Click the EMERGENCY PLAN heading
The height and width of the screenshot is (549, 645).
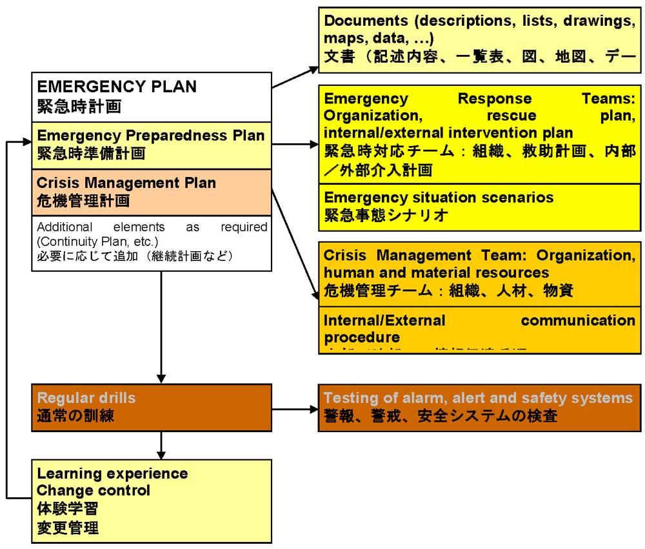tap(117, 87)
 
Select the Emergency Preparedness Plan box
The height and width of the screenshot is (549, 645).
tap(152, 144)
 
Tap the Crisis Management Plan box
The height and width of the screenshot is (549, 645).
tap(152, 192)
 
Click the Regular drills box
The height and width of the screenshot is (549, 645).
tap(152, 408)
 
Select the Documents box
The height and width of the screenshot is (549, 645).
tap(481, 38)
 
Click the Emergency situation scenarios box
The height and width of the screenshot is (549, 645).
tap(481, 207)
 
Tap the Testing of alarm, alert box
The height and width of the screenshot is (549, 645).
tap(481, 408)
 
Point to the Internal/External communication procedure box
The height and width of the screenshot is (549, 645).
tap(481, 329)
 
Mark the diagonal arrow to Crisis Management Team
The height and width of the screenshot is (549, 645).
tap(295, 245)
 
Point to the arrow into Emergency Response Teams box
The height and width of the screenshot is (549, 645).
tap(295, 144)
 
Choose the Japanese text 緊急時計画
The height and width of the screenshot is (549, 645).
tap(79, 105)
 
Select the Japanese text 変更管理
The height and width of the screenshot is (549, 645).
tap(68, 527)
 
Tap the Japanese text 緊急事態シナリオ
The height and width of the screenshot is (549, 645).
tap(386, 215)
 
